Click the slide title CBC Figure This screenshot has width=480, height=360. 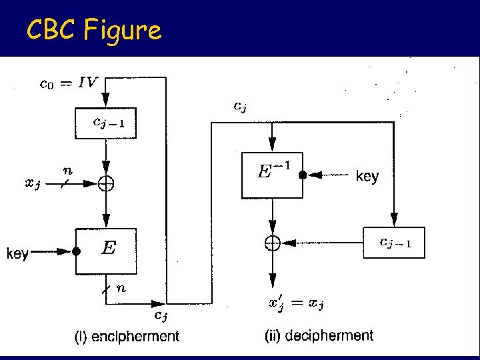click(93, 29)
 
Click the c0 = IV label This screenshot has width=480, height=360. click(69, 83)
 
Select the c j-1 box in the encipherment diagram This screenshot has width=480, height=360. click(106, 123)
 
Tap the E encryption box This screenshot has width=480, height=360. click(106, 251)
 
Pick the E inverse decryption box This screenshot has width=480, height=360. click(271, 175)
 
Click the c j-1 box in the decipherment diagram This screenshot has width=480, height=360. click(394, 243)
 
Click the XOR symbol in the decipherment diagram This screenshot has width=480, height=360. click(272, 243)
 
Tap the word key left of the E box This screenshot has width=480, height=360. click(17, 253)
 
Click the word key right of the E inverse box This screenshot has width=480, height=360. click(367, 177)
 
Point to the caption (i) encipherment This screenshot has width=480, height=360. click(127, 337)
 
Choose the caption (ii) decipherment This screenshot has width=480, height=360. click(319, 336)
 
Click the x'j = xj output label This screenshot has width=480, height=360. click(296, 305)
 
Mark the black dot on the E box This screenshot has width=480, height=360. click(76, 252)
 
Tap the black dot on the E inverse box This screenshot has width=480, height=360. click(302, 175)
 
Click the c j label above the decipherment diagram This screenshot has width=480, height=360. click(239, 105)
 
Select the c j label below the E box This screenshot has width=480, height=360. click(161, 315)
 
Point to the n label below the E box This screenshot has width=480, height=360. click(121, 288)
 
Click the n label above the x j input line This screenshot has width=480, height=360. click(67, 171)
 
